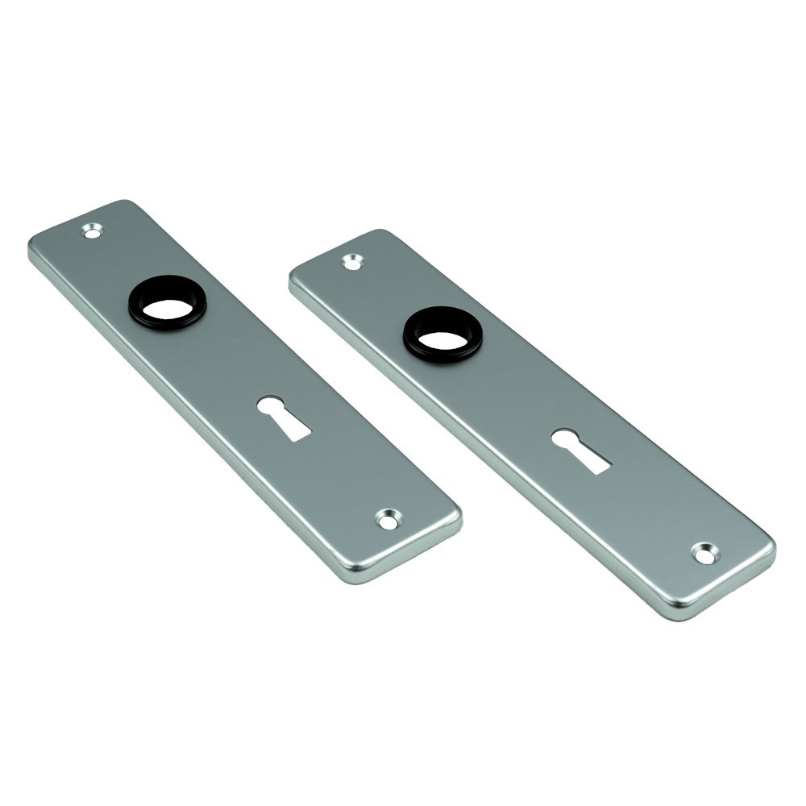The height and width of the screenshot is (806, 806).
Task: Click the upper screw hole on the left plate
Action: [x=93, y=231]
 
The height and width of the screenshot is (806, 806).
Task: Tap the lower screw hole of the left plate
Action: [x=388, y=520]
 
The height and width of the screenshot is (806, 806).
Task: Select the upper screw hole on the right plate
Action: [x=352, y=261]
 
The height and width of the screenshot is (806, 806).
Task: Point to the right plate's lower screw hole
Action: [x=704, y=553]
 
